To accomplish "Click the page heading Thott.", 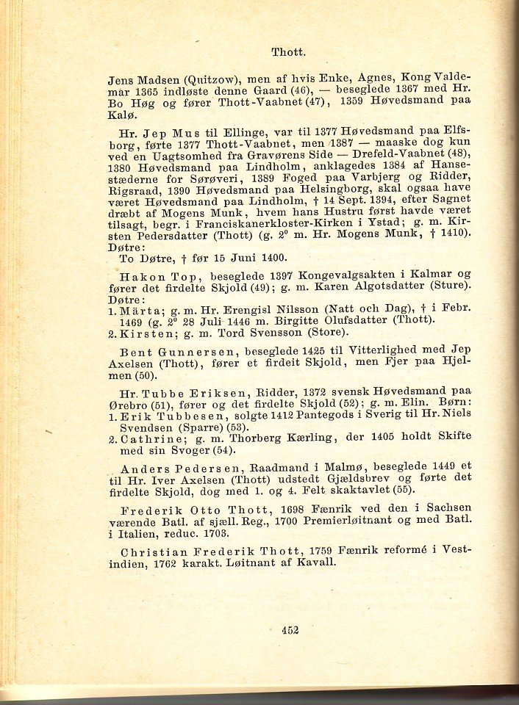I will point(288,52).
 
